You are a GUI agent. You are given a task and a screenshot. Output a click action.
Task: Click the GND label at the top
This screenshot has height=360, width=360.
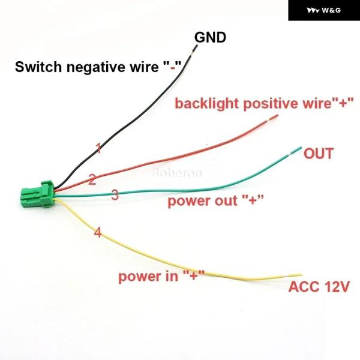pos(209,38)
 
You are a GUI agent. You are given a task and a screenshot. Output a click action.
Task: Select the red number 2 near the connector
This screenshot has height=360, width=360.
pos(92,179)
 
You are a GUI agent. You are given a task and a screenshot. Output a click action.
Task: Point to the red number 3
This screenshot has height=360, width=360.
pos(115,195)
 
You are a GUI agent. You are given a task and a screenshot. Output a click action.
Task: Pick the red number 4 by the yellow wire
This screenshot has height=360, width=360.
pos(98,232)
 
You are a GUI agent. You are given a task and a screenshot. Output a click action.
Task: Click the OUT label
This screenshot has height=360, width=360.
pos(318,154)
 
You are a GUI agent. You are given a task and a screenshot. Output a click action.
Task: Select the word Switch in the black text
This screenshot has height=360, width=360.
pos(34,66)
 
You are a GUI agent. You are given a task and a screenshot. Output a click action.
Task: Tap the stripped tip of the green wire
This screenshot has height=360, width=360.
pos(296,150)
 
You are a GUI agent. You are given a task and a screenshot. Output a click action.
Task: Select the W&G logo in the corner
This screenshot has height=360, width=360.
pos(324,11)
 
